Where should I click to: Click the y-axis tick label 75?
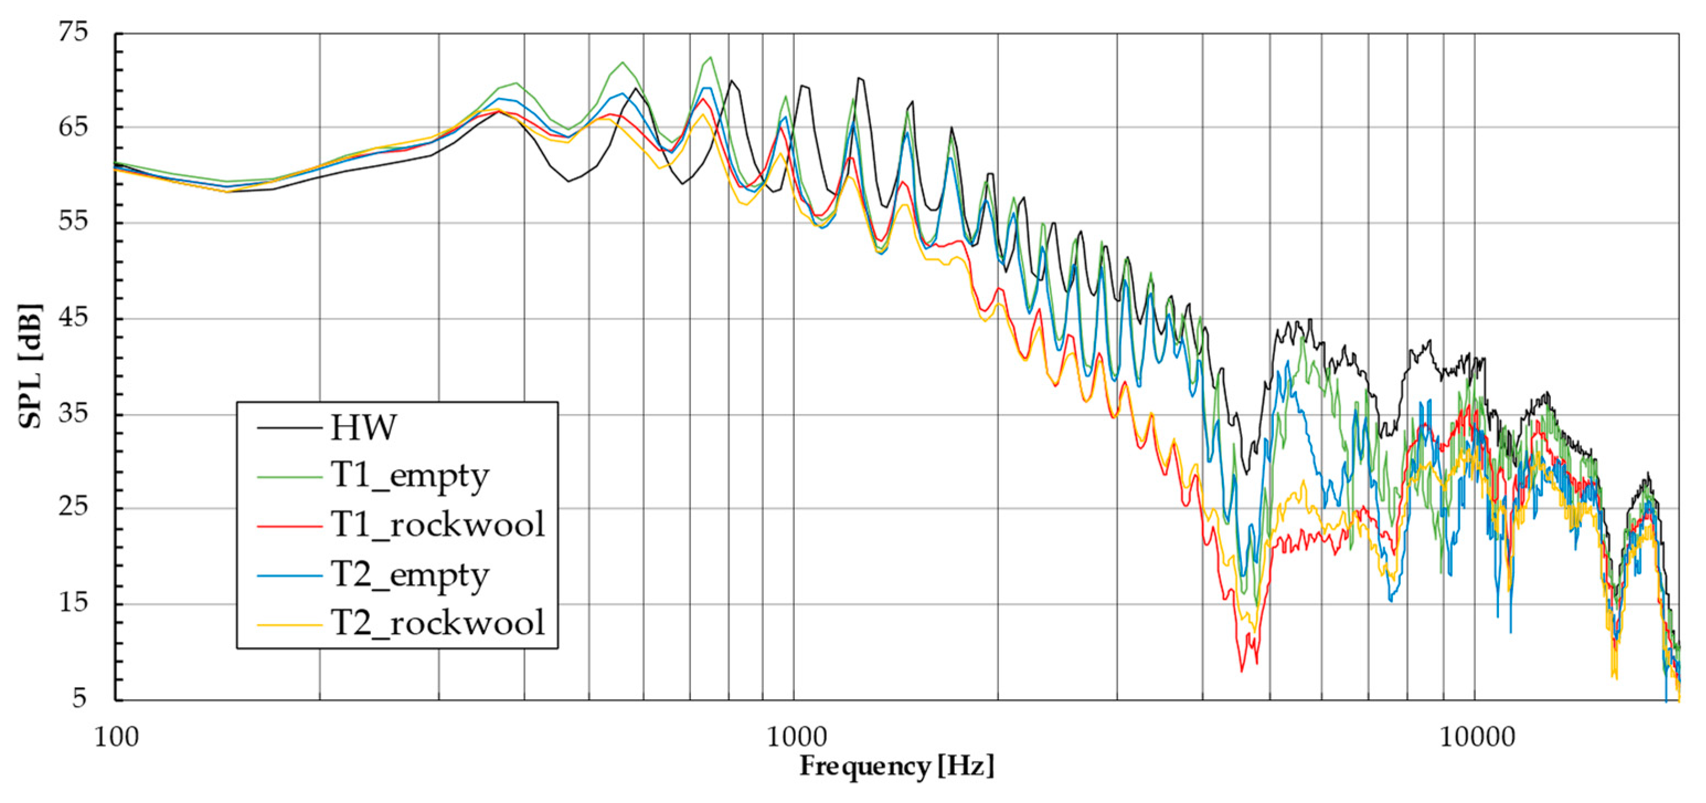(x=73, y=32)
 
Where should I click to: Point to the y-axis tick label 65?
(x=73, y=126)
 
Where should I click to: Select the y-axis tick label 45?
(x=73, y=317)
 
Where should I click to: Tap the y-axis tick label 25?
(x=73, y=507)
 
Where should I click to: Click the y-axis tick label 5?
(x=79, y=698)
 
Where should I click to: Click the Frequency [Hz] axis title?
(x=897, y=767)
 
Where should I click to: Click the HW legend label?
(x=363, y=428)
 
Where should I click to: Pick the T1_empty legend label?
(x=410, y=476)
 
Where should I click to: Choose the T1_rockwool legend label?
(x=437, y=525)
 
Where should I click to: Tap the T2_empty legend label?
(x=410, y=575)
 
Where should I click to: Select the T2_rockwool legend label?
(x=437, y=623)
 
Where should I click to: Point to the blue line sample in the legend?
(x=289, y=575)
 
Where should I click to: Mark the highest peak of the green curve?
(x=710, y=57)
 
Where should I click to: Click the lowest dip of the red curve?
(x=1241, y=671)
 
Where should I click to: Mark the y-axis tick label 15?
(x=73, y=603)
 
